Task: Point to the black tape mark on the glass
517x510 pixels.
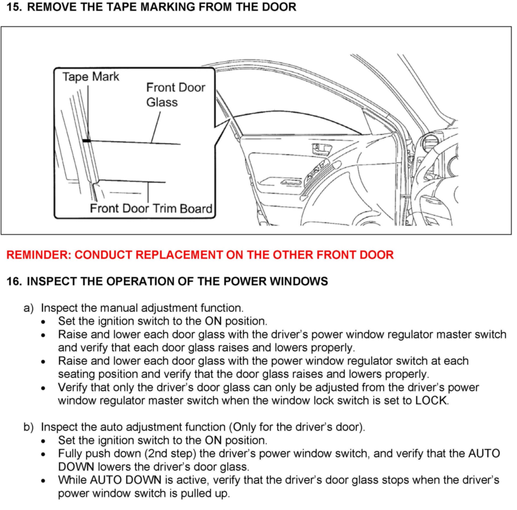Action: point(86,141)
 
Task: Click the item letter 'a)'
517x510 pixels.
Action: point(29,308)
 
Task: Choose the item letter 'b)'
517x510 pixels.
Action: point(29,427)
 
